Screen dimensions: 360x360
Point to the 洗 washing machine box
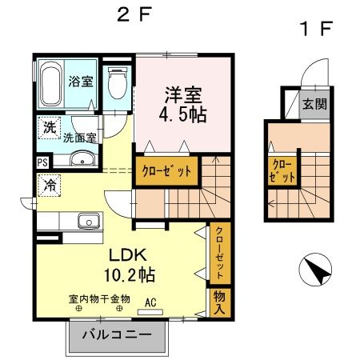48,126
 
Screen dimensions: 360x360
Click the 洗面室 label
81,137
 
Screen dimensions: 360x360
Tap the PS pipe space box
42,161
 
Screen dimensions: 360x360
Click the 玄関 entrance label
310,103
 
